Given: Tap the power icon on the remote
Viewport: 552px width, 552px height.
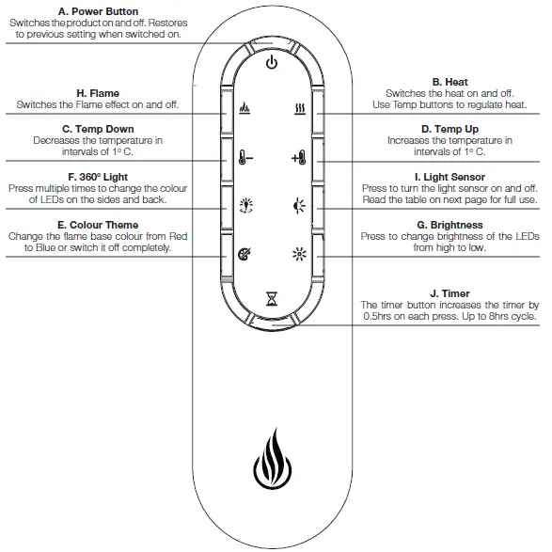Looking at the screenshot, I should coord(272,63).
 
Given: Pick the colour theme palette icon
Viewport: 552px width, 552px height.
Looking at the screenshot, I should coord(244,252).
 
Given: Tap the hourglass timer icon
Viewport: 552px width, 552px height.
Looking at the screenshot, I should coord(272,299).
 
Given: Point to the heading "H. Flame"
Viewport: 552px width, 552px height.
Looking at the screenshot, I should coord(99,93).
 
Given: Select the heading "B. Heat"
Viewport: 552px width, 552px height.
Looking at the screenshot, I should coord(449,83).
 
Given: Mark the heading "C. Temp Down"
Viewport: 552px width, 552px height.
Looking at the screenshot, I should coord(99,129).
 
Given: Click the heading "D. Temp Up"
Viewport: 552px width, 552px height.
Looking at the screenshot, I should coord(449,129).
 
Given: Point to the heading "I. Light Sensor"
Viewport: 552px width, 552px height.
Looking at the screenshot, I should coord(449,177).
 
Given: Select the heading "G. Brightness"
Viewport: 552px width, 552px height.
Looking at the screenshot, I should coord(449,226).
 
